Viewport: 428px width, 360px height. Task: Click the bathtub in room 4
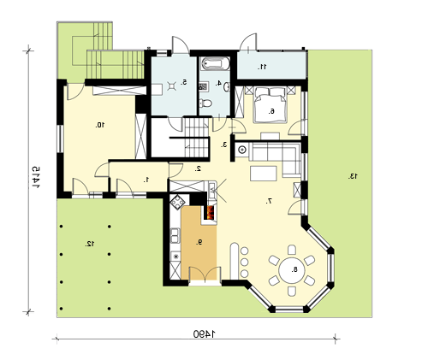click(216, 63)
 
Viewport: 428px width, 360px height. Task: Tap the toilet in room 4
click(205, 103)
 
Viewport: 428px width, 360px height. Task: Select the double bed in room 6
click(270, 105)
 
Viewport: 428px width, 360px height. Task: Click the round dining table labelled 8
click(292, 270)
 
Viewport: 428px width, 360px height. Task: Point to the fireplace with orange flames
click(210, 212)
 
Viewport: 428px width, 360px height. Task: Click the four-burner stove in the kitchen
click(178, 202)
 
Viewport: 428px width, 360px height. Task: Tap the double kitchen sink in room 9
click(175, 236)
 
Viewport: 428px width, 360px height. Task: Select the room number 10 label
click(100, 125)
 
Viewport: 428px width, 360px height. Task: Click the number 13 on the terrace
click(353, 176)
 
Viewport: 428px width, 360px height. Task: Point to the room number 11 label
click(262, 67)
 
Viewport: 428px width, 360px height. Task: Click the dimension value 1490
click(205, 333)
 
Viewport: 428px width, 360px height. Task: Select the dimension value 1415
click(36, 177)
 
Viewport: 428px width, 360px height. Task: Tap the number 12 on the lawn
click(90, 244)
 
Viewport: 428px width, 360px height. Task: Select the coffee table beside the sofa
click(264, 174)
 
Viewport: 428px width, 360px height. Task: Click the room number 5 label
click(184, 83)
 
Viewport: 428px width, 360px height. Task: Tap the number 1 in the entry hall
click(146, 180)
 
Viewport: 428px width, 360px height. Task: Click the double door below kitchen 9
click(205, 274)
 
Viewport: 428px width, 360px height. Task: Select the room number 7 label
click(269, 201)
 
